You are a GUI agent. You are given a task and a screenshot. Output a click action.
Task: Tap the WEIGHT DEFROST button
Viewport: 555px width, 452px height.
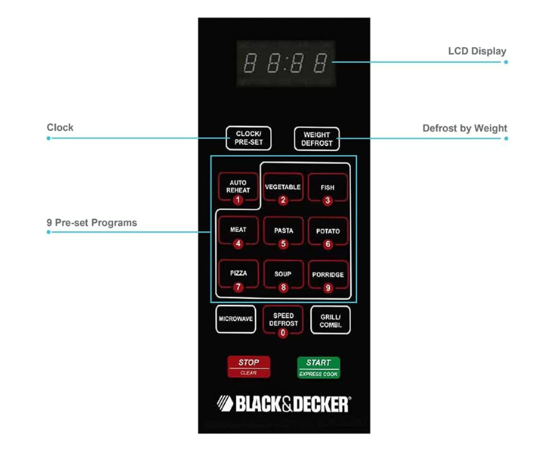(317, 139)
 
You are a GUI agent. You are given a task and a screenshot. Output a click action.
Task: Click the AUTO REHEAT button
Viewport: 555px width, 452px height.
(237, 189)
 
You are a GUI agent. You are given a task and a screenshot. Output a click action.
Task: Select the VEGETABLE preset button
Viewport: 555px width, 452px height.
(283, 189)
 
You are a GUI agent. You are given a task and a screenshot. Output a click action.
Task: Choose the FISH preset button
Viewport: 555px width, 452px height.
(328, 189)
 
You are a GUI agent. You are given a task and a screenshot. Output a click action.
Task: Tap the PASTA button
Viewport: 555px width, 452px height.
(283, 233)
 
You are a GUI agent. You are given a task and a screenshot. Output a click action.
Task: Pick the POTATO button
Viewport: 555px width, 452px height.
(328, 233)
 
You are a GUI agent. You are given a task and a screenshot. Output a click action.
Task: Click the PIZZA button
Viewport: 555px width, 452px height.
(238, 276)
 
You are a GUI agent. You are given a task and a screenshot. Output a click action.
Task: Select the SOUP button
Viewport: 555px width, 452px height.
(283, 276)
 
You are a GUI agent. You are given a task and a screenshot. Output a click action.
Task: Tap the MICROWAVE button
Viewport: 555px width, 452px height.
(236, 319)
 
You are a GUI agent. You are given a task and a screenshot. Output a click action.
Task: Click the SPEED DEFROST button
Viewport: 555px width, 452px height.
(283, 321)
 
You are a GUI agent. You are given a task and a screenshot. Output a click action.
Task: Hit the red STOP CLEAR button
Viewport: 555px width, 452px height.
(248, 367)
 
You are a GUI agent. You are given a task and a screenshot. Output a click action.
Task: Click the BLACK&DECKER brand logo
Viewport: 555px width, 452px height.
(283, 404)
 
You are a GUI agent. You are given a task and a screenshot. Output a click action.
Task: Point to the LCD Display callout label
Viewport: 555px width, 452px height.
(477, 51)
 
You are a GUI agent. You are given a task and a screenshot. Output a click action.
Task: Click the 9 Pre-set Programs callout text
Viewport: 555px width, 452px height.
(92, 223)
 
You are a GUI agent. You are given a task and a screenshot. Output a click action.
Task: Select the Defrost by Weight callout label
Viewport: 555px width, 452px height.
(465, 128)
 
